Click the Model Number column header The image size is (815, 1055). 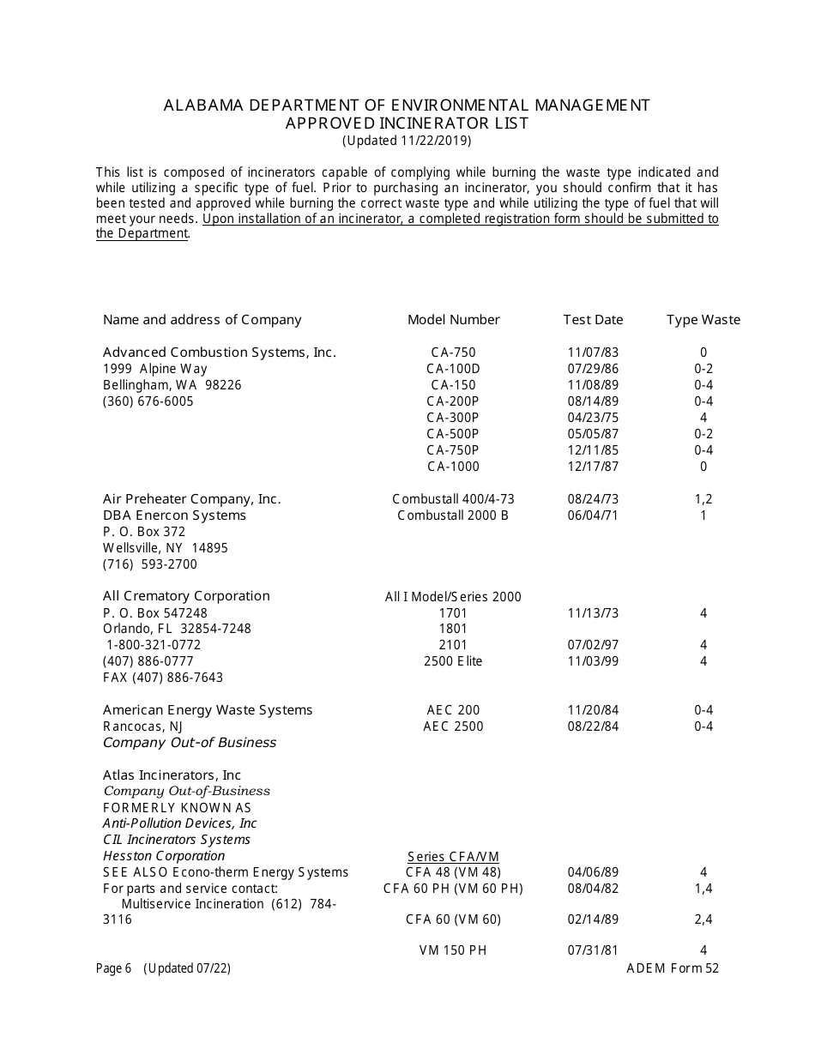click(x=453, y=320)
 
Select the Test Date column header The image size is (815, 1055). click(x=593, y=320)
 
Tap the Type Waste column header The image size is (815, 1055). click(x=703, y=320)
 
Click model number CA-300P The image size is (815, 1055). click(x=453, y=418)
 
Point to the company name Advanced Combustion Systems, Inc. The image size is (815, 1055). click(x=219, y=353)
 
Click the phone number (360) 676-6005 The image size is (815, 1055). click(x=148, y=401)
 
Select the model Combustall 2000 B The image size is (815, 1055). click(x=453, y=515)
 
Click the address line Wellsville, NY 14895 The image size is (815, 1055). click(x=166, y=548)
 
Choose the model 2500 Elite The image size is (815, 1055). click(x=453, y=661)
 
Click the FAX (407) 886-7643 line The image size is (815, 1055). click(x=163, y=678)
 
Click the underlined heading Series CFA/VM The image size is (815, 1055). click(x=453, y=857)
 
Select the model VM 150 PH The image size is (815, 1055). click(x=453, y=950)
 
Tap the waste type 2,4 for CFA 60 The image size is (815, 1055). click(x=703, y=919)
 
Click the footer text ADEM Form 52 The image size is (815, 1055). click(x=673, y=968)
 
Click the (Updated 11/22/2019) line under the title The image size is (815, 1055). click(x=407, y=141)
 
